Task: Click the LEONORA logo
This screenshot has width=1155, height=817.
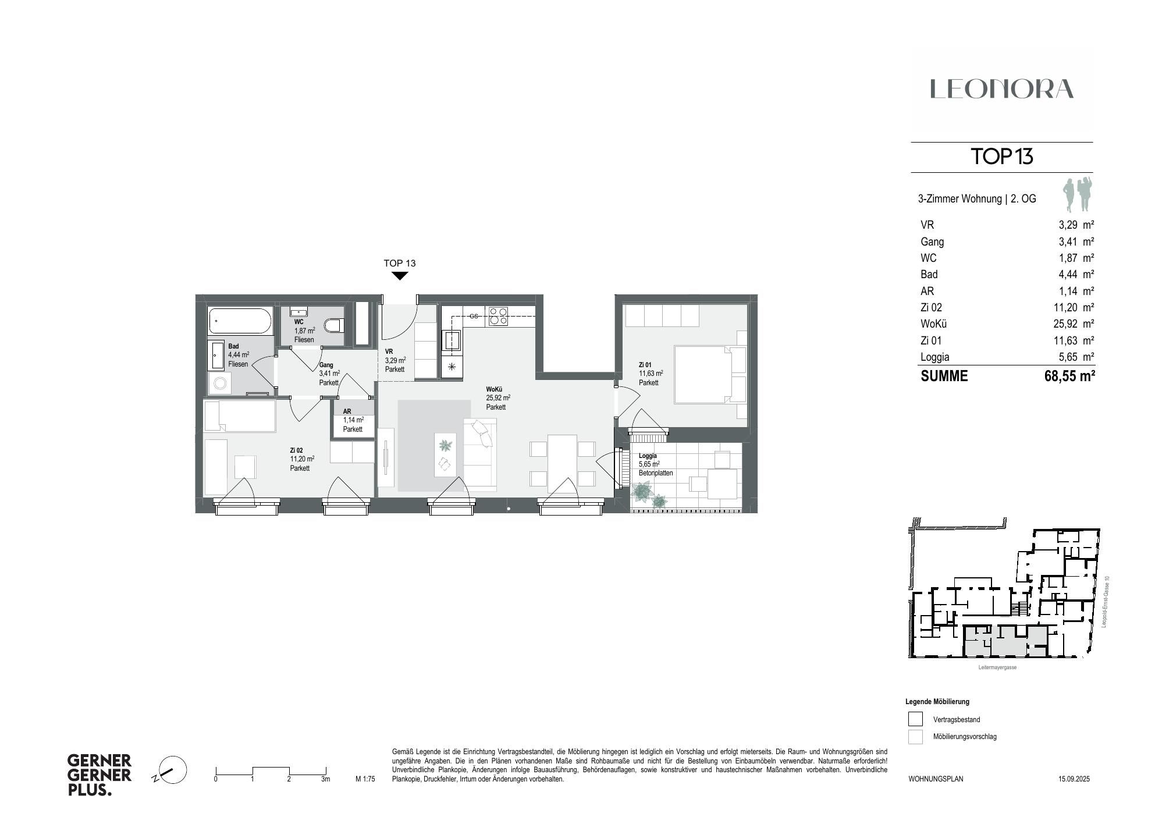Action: click(1001, 89)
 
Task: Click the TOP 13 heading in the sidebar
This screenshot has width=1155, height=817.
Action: click(1001, 157)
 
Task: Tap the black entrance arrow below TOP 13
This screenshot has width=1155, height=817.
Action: click(400, 276)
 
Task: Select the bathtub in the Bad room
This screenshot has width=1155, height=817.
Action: click(240, 321)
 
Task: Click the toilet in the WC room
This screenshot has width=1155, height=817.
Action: click(334, 325)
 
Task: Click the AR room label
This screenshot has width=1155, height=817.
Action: click(347, 411)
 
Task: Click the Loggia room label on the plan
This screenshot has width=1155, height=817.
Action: click(648, 456)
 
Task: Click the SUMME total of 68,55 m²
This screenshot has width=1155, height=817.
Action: click(1069, 376)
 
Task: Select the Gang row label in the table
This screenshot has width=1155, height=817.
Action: click(932, 241)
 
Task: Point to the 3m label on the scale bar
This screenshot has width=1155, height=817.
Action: click(325, 779)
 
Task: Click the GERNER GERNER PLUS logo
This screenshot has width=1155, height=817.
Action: click(99, 775)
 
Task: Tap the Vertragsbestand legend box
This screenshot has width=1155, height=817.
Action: click(915, 719)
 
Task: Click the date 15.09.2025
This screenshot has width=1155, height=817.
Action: click(1074, 779)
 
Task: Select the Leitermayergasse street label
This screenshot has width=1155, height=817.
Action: click(997, 667)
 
